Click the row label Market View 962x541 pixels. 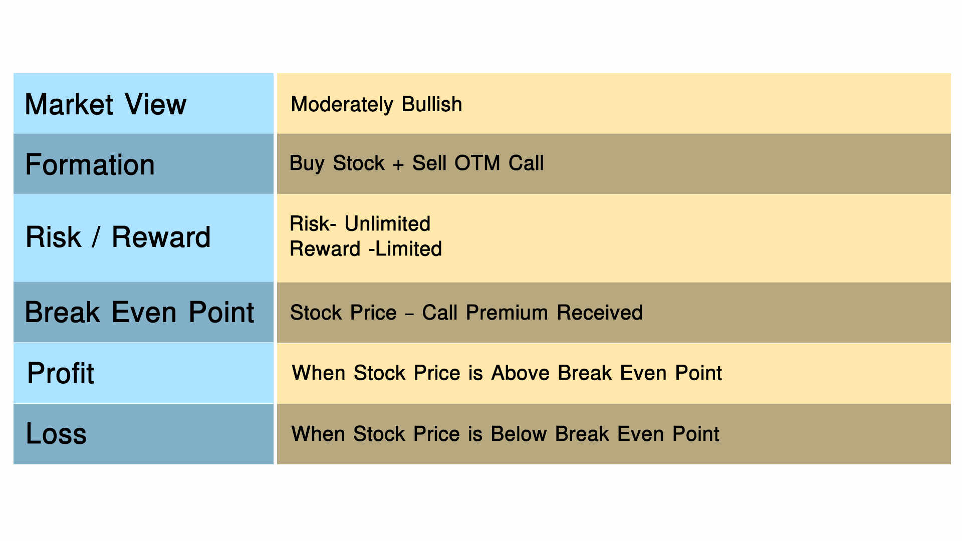click(x=106, y=104)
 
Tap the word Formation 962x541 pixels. click(x=90, y=164)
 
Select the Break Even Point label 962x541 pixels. click(x=139, y=312)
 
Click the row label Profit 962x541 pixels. click(x=61, y=373)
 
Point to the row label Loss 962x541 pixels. click(x=56, y=433)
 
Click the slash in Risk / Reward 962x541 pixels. click(x=96, y=237)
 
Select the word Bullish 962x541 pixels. click(x=432, y=104)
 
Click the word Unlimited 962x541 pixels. click(x=387, y=223)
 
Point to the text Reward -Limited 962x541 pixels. click(x=366, y=249)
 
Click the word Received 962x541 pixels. click(x=600, y=313)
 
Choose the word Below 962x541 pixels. click(x=519, y=434)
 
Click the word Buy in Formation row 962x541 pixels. click(x=307, y=163)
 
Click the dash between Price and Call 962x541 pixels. click(x=409, y=314)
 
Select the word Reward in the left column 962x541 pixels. click(x=161, y=237)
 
